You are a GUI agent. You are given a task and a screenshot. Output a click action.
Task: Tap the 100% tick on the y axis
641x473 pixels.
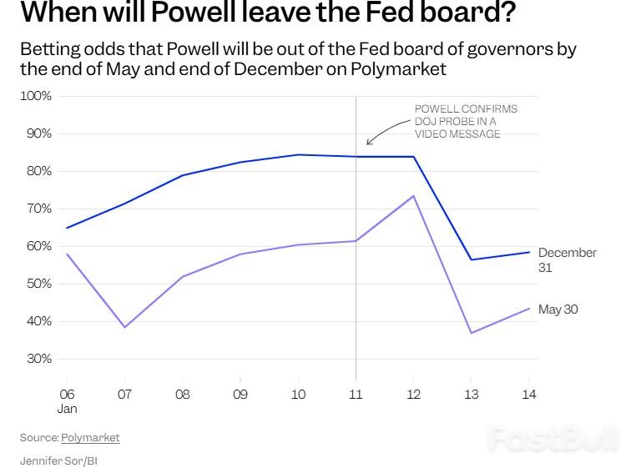pos(36,96)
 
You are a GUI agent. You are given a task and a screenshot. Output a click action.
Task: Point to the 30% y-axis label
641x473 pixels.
pos(38,359)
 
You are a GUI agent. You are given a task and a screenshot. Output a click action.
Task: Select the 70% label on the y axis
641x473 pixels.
pos(38,209)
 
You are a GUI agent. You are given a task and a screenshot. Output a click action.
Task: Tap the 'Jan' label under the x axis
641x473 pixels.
pos(67,409)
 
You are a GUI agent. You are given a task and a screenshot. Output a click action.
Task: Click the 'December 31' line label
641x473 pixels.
pos(567,259)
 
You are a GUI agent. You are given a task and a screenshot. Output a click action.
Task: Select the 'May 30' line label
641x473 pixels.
pos(558,309)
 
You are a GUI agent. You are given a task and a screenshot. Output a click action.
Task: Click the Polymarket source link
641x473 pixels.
pos(90,437)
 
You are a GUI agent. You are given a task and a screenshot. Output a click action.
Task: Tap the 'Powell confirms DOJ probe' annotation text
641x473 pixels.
pos(466,121)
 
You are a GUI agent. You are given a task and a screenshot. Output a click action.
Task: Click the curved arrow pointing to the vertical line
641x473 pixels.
pos(381,132)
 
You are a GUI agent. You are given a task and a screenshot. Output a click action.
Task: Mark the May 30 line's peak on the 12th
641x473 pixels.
pos(414,196)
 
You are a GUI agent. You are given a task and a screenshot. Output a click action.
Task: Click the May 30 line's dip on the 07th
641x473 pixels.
pos(124,327)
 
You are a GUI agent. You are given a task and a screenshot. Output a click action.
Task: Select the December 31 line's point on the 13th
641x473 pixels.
pos(472,259)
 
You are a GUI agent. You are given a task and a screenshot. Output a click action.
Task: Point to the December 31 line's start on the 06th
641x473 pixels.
pos(67,228)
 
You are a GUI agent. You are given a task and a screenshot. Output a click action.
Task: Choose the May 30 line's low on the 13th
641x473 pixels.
pos(472,333)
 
